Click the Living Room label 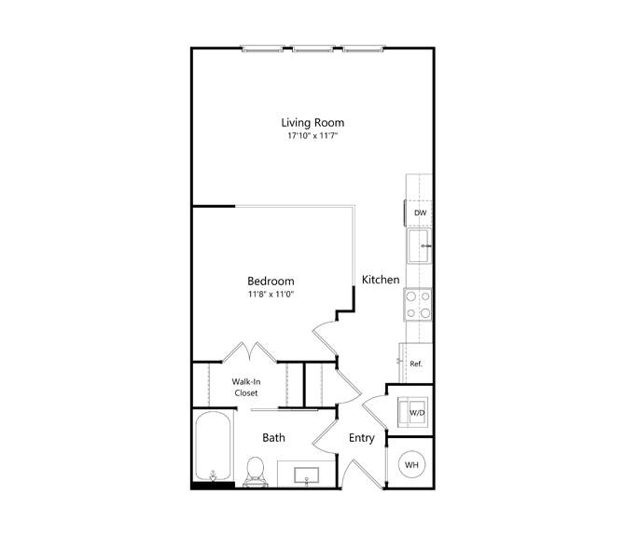[312, 123]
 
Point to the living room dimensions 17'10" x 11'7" [312, 136]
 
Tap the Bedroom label [271, 282]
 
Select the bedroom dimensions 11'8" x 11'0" [271, 295]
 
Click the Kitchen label [381, 280]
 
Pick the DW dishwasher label [420, 213]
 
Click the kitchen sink [419, 246]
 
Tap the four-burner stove [418, 304]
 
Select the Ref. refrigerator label [416, 364]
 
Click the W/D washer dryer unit [413, 412]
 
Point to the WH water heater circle [411, 464]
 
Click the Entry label [362, 438]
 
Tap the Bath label [274, 437]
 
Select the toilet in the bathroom [255, 472]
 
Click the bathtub [214, 446]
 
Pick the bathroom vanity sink [306, 475]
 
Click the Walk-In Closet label [246, 387]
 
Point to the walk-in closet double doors [249, 352]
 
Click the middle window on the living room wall [312, 49]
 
